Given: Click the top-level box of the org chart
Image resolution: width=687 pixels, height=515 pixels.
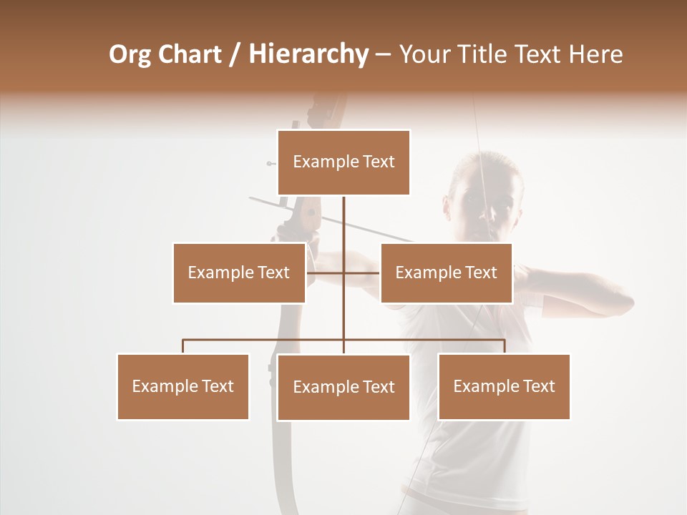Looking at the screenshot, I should pyautogui.click(x=343, y=162).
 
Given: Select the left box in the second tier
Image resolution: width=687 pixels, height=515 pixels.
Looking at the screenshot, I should pyautogui.click(x=239, y=273).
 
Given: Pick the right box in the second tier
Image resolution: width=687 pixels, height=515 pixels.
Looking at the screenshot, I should pyautogui.click(x=446, y=273).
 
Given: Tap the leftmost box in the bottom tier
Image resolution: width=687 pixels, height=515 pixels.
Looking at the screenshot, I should pyautogui.click(x=182, y=386).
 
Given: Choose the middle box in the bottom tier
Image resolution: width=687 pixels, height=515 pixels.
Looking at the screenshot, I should pyautogui.click(x=343, y=387).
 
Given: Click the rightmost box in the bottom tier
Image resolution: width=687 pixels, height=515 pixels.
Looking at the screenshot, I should pyautogui.click(x=504, y=386).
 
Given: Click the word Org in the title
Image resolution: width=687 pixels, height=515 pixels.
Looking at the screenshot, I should pyautogui.click(x=130, y=54).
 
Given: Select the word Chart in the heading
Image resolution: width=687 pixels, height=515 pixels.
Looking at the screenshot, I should pyautogui.click(x=191, y=54).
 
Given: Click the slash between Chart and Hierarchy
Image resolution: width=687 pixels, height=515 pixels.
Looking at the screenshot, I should pyautogui.click(x=234, y=54).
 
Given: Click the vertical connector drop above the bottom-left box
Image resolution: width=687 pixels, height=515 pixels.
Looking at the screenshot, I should pyautogui.click(x=183, y=346).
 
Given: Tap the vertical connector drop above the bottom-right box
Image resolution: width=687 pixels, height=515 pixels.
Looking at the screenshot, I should pyautogui.click(x=505, y=346).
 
